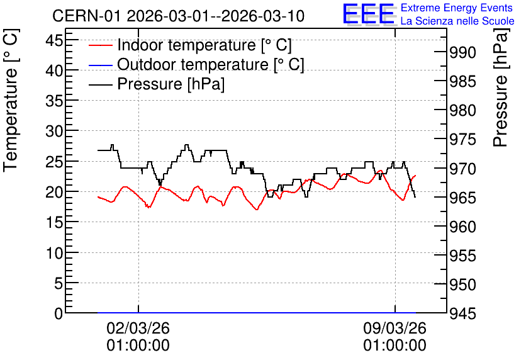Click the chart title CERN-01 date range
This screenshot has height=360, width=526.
pos(178,16)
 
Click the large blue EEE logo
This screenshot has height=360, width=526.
pos(368,14)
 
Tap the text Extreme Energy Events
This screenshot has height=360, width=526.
pos(457,8)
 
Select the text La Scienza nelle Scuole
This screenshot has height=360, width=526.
pos(457,21)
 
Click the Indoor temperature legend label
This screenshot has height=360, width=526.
pos(204,45)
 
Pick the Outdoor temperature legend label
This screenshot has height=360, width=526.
pos(211,64)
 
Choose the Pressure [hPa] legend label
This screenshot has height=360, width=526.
pos(171,84)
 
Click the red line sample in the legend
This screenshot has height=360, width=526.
pos(100,45)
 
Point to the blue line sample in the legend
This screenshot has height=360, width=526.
pos(100,65)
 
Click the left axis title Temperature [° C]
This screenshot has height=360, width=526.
pos(11,101)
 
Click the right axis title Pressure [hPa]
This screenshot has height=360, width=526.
pos(500,87)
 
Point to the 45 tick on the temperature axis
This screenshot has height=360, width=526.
pos(54,40)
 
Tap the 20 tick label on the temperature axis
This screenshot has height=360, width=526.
pos(54,192)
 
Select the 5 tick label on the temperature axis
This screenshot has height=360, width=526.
pos(59,283)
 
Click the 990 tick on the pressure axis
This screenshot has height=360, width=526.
pos(462,52)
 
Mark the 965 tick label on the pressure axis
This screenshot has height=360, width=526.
pos(462,198)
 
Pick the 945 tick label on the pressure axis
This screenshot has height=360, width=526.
pos(462,313)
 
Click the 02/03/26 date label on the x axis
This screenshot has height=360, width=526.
pos(138,328)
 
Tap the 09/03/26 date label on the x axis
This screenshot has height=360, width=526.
pos(395,328)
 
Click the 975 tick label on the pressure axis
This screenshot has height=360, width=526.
pos(462,140)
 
